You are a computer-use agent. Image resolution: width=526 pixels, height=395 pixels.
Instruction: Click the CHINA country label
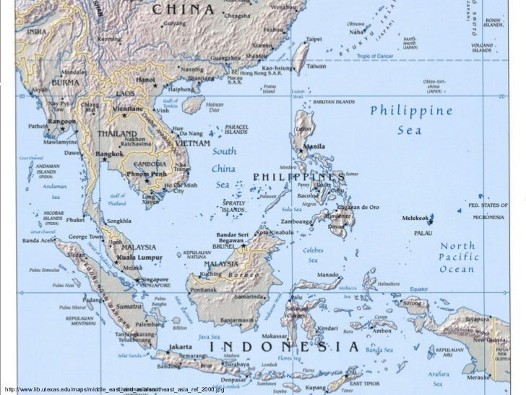[x=184, y=9]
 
